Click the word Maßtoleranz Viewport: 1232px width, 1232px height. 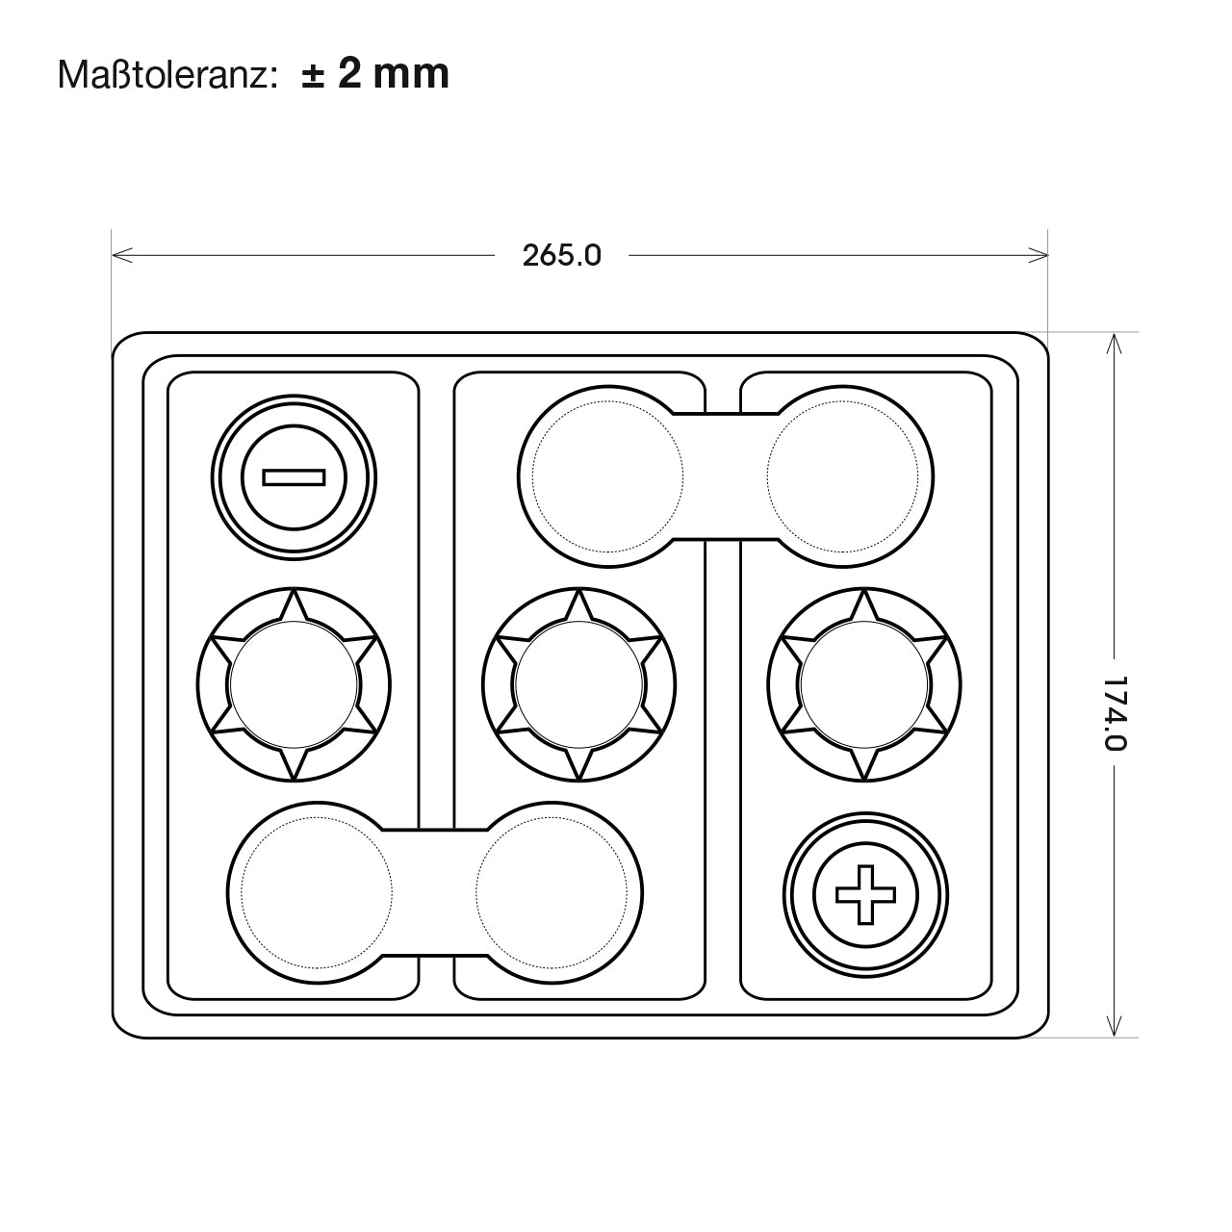coord(167,75)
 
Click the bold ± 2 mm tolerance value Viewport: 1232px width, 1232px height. coord(376,73)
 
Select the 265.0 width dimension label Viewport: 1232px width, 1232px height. coord(562,256)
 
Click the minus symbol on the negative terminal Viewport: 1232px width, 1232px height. coord(295,477)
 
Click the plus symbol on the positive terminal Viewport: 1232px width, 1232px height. coord(865,894)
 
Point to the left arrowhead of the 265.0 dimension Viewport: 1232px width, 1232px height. coord(121,255)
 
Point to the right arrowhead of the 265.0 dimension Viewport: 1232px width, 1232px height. coord(1038,255)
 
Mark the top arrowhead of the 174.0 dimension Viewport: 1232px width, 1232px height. coord(1114,344)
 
